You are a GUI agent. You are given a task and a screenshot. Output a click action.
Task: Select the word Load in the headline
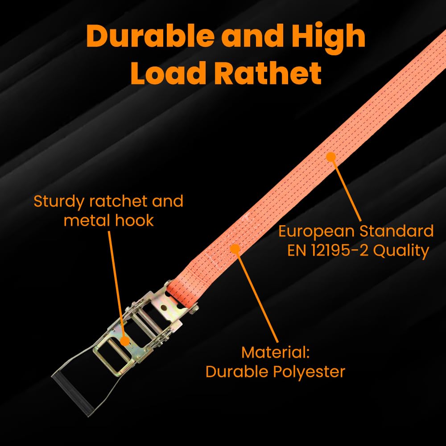pyautogui.click(x=168, y=73)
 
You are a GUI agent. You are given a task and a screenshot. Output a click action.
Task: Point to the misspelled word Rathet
pyautogui.click(x=267, y=73)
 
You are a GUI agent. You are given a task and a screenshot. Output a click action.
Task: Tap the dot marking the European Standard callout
pyautogui.click(x=330, y=156)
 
